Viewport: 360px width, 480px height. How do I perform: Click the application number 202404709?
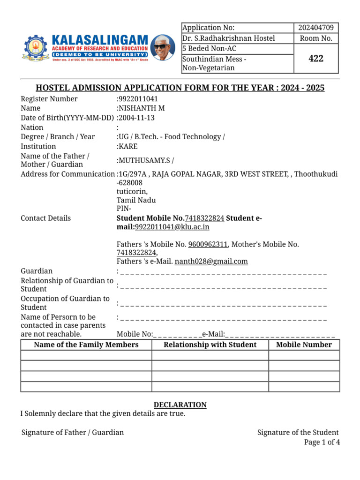[315, 28]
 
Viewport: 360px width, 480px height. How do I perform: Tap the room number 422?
[315, 59]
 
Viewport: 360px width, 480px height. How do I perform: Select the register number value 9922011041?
[138, 99]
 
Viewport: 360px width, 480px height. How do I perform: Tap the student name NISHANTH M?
[141, 108]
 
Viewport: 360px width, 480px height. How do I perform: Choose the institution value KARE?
[128, 146]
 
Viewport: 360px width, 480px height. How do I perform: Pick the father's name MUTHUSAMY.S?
[144, 160]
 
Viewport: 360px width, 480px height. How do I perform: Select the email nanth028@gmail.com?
[211, 262]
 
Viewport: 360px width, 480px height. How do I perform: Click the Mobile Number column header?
[304, 345]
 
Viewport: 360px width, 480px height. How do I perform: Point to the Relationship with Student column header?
[210, 345]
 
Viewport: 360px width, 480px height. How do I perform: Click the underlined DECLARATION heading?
[180, 405]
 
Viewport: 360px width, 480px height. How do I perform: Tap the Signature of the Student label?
[298, 432]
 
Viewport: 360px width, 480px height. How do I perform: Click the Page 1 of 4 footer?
[322, 442]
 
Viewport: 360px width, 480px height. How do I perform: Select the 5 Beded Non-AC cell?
[210, 49]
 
